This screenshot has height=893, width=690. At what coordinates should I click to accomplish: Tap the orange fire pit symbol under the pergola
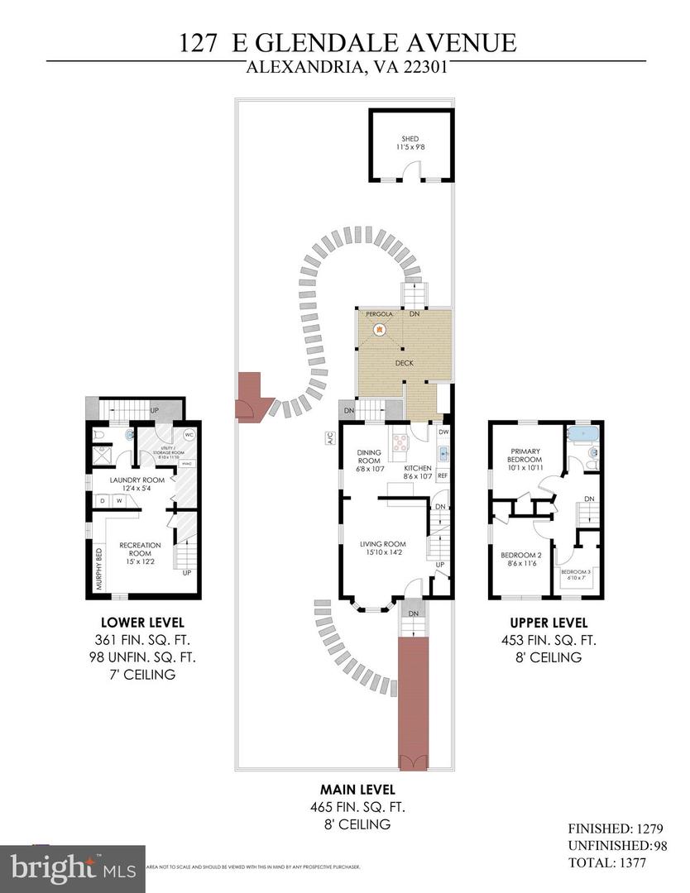(x=379, y=330)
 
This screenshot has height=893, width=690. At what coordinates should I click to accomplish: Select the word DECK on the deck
(x=404, y=363)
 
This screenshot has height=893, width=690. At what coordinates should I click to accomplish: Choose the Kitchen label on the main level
(x=417, y=467)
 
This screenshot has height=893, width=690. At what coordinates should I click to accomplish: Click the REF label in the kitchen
(x=443, y=475)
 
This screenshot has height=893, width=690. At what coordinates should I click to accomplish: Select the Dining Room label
(x=368, y=457)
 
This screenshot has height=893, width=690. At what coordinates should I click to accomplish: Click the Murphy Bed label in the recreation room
(x=98, y=569)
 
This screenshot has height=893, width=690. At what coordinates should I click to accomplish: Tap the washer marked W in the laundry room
(x=118, y=500)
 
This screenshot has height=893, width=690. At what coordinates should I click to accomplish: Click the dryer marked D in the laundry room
(x=101, y=500)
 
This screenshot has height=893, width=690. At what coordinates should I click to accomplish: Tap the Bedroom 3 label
(x=576, y=573)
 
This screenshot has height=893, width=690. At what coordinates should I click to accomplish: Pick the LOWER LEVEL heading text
(x=142, y=622)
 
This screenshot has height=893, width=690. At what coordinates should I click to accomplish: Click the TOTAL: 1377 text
(x=606, y=862)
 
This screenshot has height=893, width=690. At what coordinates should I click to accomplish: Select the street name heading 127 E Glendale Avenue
(x=347, y=41)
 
